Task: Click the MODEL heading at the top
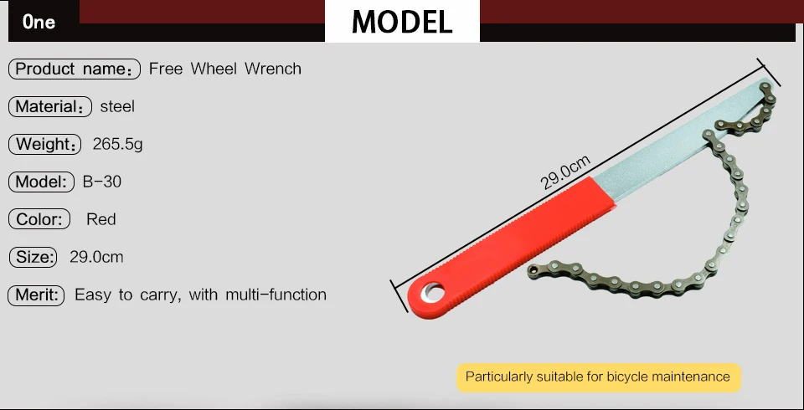[x=402, y=22]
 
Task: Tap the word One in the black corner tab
[x=39, y=22]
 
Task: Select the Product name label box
[x=75, y=69]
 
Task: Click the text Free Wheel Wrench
[x=225, y=69]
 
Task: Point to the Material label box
[x=50, y=106]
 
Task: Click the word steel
[x=117, y=106]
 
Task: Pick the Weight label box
[x=45, y=144]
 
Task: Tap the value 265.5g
[x=118, y=145]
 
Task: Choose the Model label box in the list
[x=42, y=182]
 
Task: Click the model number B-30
[x=102, y=182]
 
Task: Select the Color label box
[x=39, y=219]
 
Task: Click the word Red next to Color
[x=101, y=219]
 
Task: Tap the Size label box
[x=33, y=257]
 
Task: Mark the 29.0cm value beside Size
[x=96, y=257]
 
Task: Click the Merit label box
[x=36, y=295]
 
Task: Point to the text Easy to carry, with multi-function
[x=200, y=295]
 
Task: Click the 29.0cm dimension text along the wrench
[x=565, y=172]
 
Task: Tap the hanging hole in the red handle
[x=433, y=293]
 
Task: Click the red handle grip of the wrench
[x=513, y=247]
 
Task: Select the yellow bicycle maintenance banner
[x=598, y=377]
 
